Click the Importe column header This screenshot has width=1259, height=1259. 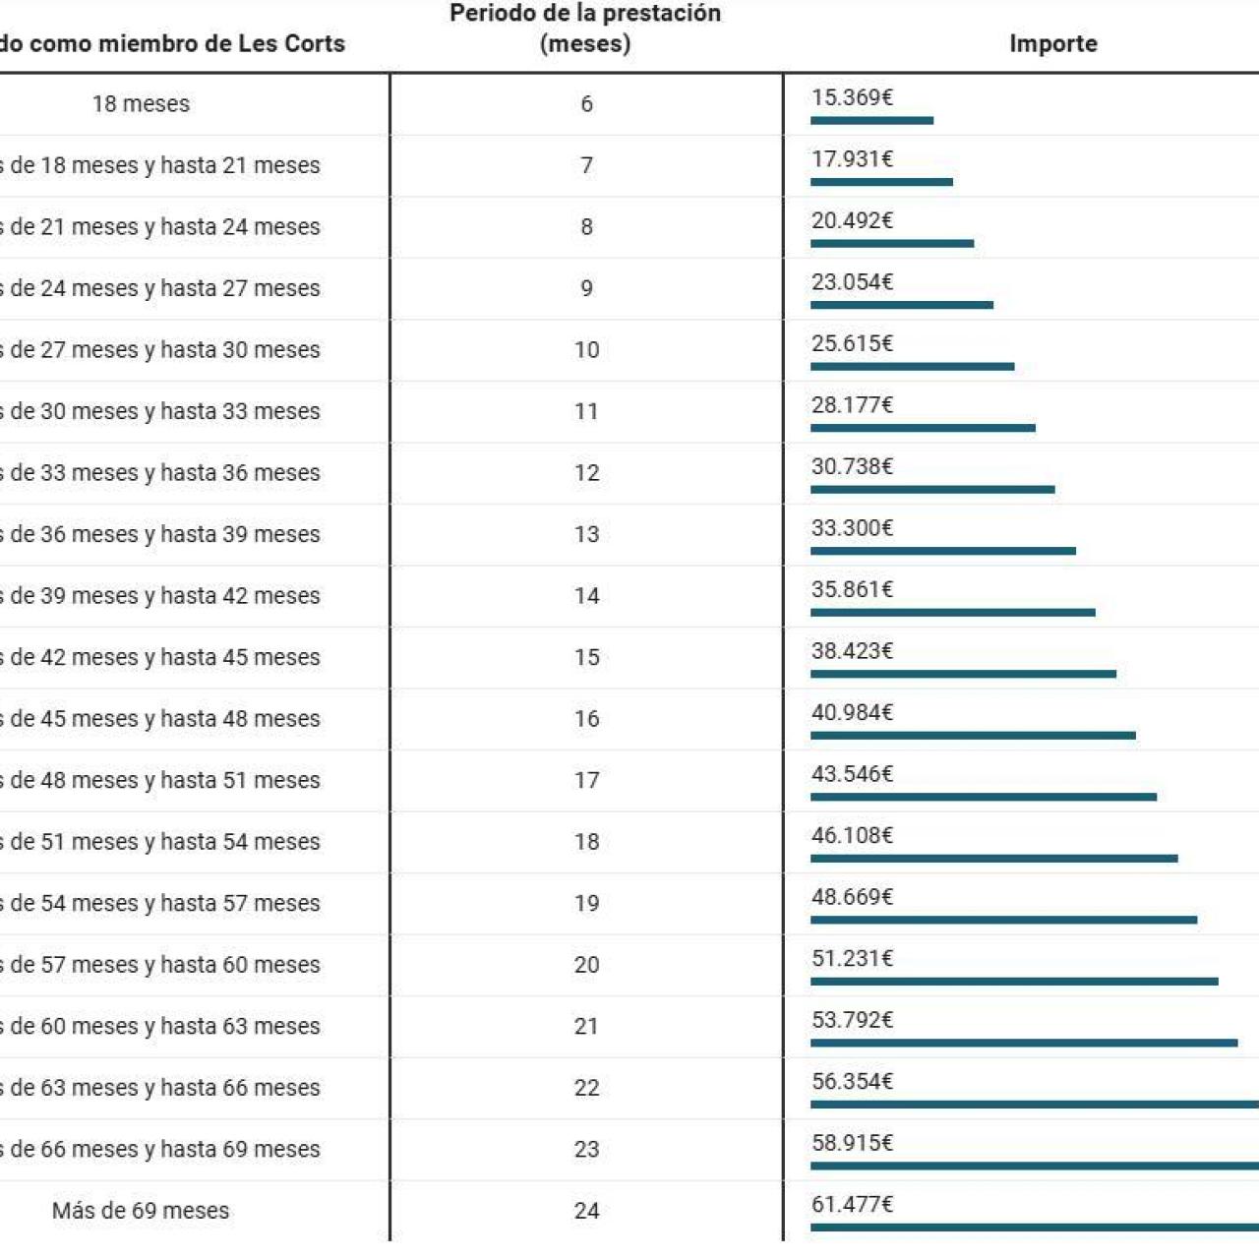pyautogui.click(x=1052, y=43)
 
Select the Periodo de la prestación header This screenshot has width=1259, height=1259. pyautogui.click(x=585, y=28)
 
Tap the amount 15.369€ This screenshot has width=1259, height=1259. pyautogui.click(x=852, y=97)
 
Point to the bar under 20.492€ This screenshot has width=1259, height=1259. pyautogui.click(x=892, y=243)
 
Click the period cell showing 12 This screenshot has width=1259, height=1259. pyautogui.click(x=586, y=473)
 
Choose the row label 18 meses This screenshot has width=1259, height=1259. pyautogui.click(x=141, y=104)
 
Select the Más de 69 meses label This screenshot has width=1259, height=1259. pyautogui.click(x=141, y=1211)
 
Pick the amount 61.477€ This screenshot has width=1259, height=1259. pyautogui.click(x=852, y=1204)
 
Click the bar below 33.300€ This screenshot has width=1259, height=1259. pyautogui.click(x=943, y=551)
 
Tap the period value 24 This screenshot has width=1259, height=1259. pyautogui.click(x=586, y=1211)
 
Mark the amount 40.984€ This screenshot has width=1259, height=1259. pyautogui.click(x=852, y=712)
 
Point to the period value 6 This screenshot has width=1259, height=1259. pyautogui.click(x=586, y=104)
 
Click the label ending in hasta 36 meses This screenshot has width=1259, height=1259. pyautogui.click(x=162, y=473)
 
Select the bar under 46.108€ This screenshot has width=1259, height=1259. pyautogui.click(x=994, y=858)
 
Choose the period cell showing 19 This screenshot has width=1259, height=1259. pyautogui.click(x=586, y=903)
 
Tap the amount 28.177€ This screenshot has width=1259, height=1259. pyautogui.click(x=852, y=405)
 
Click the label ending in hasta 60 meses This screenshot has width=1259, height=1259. pyautogui.click(x=162, y=965)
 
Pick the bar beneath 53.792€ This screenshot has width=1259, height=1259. pyautogui.click(x=1024, y=1043)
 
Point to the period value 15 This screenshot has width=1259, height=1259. pyautogui.click(x=586, y=657)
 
